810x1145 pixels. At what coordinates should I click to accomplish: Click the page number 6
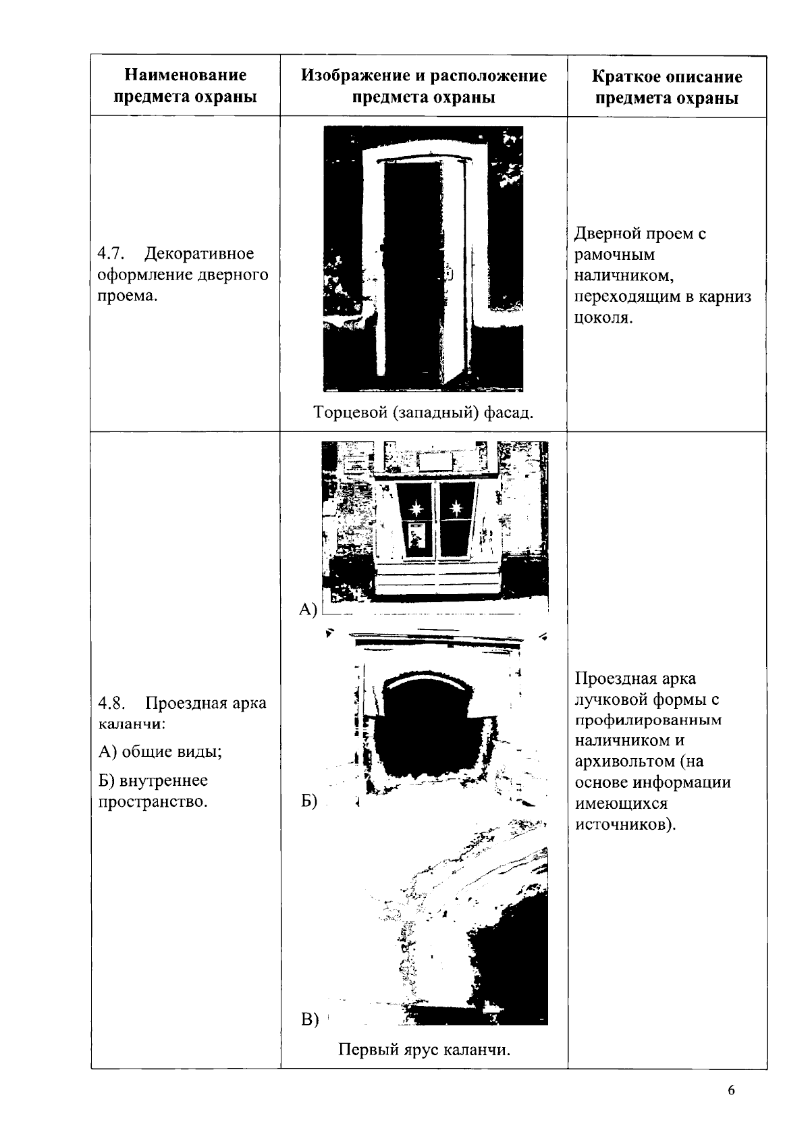(x=731, y=1092)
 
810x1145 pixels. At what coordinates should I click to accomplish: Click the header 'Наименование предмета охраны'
(x=186, y=86)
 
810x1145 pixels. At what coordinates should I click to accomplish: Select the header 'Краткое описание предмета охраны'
(x=667, y=87)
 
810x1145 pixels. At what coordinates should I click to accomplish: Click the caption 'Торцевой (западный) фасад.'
(x=423, y=412)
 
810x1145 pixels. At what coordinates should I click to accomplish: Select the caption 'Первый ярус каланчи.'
(x=424, y=1050)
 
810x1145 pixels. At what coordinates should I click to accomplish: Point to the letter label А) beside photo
(x=308, y=610)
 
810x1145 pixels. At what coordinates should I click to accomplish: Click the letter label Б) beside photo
(x=308, y=801)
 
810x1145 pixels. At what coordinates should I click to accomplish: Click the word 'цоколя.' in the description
(x=603, y=318)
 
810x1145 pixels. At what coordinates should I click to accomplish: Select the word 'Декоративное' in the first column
(x=200, y=254)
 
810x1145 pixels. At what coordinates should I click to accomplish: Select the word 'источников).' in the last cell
(x=625, y=825)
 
